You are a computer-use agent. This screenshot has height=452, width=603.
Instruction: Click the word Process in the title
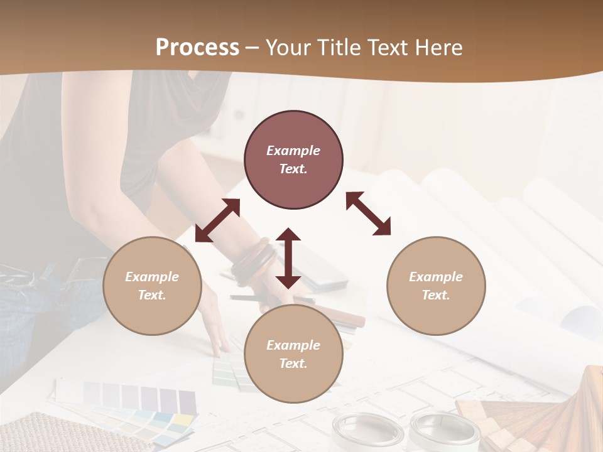click(197, 48)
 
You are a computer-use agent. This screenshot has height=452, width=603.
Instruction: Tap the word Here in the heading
click(437, 48)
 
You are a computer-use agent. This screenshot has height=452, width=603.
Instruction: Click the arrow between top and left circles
click(217, 220)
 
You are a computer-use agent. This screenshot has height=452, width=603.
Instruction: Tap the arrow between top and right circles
click(368, 213)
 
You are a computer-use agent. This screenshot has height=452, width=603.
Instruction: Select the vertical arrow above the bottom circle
click(288, 258)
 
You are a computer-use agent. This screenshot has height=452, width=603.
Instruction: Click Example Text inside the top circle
click(293, 159)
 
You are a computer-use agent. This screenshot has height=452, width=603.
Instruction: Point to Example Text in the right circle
click(436, 286)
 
